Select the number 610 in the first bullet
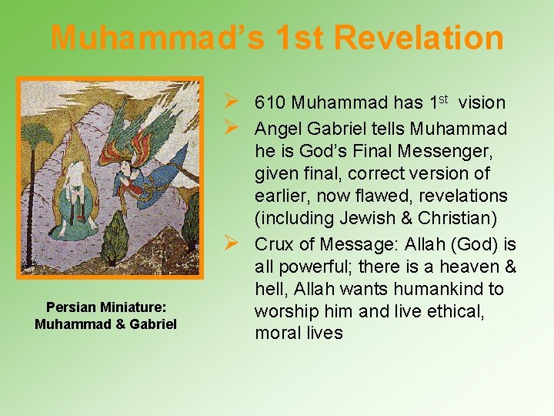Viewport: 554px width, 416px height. (271, 102)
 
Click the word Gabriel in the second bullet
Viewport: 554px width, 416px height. (375, 127)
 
